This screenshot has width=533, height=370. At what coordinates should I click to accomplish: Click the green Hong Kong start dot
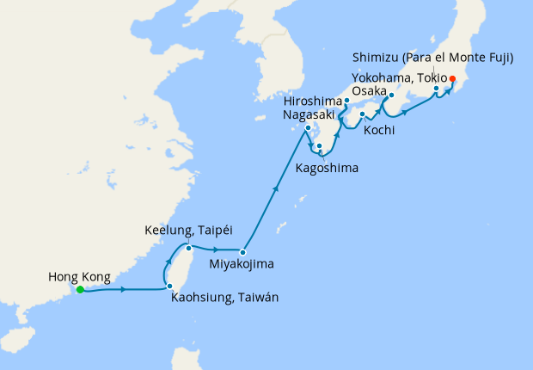[x=80, y=290]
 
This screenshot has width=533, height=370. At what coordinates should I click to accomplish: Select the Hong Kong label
[x=80, y=277]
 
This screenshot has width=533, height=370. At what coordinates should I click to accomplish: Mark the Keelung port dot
[x=188, y=249]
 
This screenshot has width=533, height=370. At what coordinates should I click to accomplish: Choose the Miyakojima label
[x=244, y=264]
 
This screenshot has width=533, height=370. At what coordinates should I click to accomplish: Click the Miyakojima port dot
[x=243, y=253]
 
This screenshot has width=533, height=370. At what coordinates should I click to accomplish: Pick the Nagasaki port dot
[x=308, y=130]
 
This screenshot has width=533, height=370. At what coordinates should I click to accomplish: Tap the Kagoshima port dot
[x=319, y=146]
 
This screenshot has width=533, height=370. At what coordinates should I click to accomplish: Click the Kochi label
[x=379, y=131]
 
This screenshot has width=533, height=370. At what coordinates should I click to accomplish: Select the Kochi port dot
[x=362, y=114]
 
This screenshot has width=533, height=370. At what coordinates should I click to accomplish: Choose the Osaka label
[x=368, y=92]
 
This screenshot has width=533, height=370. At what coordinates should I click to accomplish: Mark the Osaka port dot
[x=391, y=95]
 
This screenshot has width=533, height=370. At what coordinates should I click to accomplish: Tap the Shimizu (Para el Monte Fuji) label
[x=433, y=59]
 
